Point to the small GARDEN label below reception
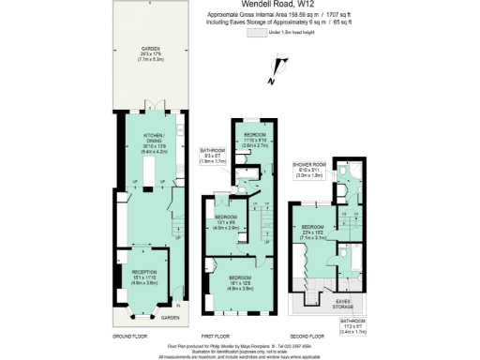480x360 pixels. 169,317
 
